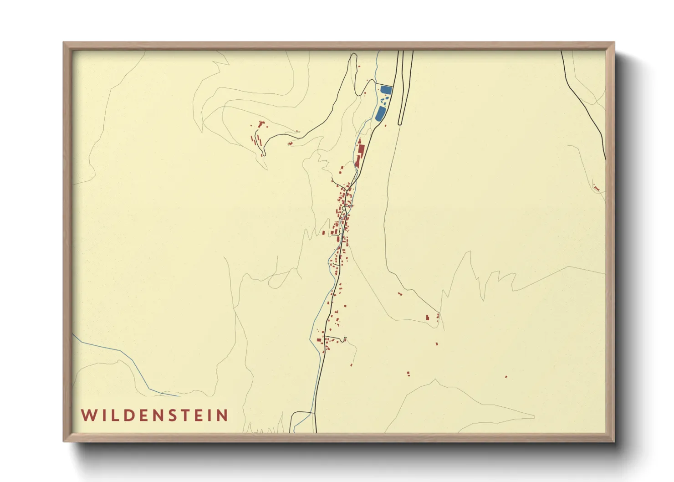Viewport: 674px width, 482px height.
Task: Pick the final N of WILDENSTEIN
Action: pyautogui.click(x=222, y=415)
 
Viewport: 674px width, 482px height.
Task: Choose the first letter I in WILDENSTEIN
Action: pyautogui.click(x=102, y=415)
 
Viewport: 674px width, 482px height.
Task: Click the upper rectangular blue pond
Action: pyautogui.click(x=386, y=90)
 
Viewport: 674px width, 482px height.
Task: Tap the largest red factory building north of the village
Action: pyautogui.click(x=361, y=150)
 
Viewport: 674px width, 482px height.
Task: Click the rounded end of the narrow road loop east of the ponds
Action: pyautogui.click(x=400, y=123)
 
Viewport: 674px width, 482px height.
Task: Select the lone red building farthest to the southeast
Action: pyautogui.click(x=506, y=377)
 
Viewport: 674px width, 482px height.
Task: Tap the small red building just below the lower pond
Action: pyautogui.click(x=386, y=125)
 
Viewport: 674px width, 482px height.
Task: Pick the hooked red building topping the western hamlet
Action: pyautogui.click(x=260, y=123)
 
